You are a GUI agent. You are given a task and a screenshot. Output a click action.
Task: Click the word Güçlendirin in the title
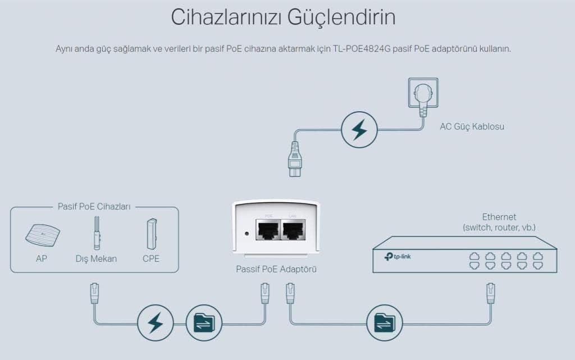(x=341, y=17)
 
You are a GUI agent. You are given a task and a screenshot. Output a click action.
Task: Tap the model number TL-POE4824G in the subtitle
(x=362, y=49)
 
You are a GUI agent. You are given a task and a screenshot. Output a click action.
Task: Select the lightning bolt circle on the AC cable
(x=359, y=130)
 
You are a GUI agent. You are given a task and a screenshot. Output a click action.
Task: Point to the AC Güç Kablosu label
(x=472, y=126)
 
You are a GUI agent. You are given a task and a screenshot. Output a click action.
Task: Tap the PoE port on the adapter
(x=268, y=230)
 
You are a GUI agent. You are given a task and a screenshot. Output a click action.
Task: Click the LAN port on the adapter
(x=293, y=230)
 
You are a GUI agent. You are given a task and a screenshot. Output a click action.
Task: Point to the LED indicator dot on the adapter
(x=247, y=234)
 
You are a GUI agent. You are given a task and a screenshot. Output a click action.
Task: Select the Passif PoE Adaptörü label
(x=276, y=269)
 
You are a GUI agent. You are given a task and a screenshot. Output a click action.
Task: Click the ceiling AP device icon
(x=43, y=235)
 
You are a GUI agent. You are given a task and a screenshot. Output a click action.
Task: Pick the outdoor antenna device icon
(x=97, y=233)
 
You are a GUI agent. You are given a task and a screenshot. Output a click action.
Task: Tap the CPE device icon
(x=152, y=234)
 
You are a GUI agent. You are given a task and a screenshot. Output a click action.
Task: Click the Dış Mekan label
(x=96, y=258)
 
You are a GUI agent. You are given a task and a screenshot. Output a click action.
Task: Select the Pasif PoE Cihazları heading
(x=94, y=206)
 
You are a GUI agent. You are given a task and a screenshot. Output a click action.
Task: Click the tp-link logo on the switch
(x=398, y=257)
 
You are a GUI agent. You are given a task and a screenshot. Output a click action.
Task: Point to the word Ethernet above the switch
(x=499, y=217)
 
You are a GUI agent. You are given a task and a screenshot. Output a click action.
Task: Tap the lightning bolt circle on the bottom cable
(x=156, y=323)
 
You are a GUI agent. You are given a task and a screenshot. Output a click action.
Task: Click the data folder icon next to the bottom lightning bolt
(x=204, y=323)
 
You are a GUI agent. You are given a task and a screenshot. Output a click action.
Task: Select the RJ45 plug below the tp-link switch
(x=490, y=293)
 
